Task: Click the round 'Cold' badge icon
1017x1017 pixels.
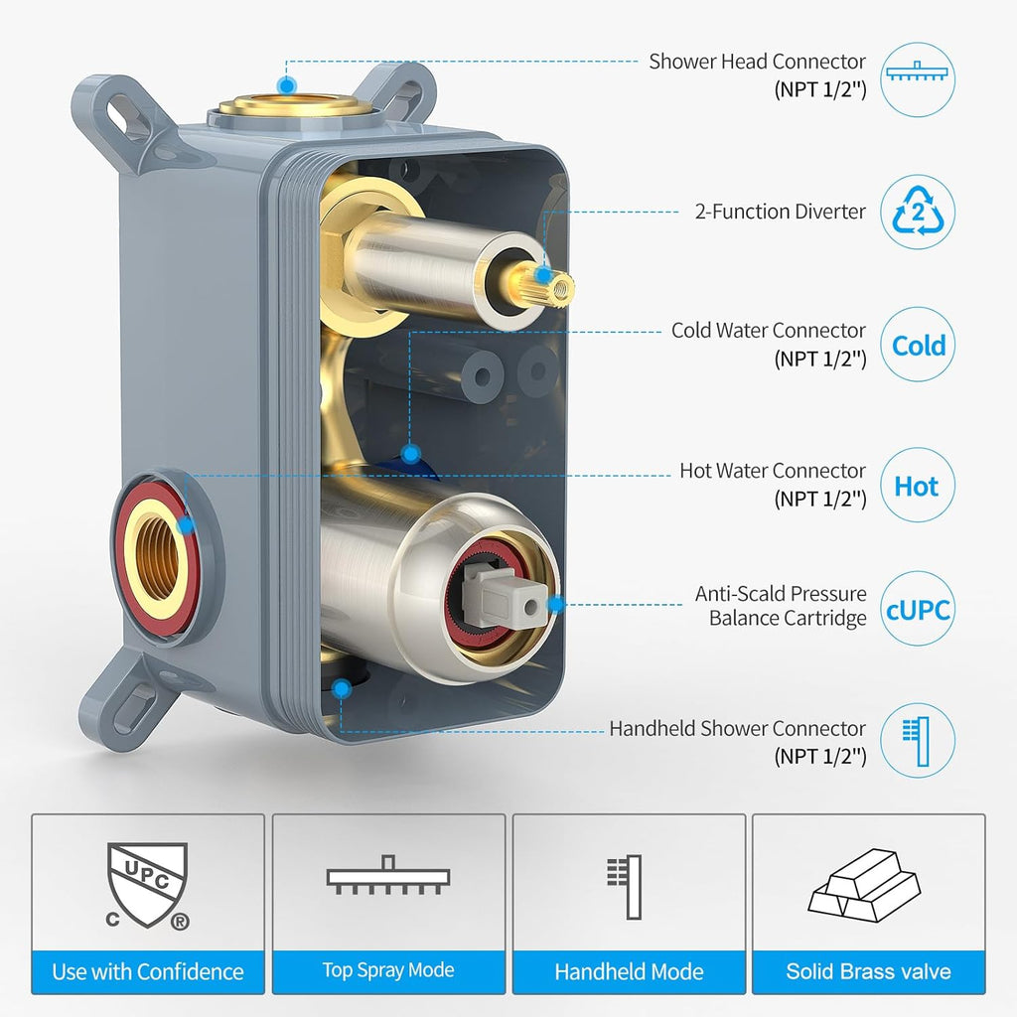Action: (919, 346)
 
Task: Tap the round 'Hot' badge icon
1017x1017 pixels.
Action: (917, 487)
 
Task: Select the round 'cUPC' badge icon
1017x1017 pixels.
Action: (917, 608)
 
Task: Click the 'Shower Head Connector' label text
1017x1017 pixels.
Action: (757, 62)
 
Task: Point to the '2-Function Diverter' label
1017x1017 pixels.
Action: (780, 212)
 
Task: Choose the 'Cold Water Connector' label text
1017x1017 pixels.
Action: (769, 331)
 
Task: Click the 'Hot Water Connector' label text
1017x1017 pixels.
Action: (773, 471)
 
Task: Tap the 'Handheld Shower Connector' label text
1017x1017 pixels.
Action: (737, 729)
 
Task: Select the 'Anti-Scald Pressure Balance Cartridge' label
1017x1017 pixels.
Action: (780, 606)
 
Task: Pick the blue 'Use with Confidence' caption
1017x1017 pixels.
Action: (148, 972)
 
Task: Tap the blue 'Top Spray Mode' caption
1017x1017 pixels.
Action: (388, 971)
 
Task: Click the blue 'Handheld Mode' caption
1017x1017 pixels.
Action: (629, 972)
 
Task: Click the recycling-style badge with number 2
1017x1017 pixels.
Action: (919, 212)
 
